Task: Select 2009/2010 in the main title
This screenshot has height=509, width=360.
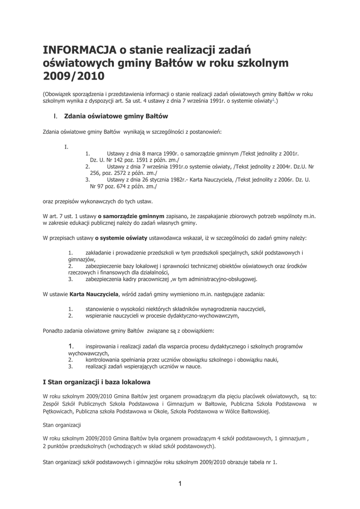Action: click(x=74, y=77)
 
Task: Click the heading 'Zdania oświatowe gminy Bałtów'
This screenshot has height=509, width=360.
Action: click(x=116, y=116)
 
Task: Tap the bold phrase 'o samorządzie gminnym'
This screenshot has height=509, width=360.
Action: click(x=131, y=217)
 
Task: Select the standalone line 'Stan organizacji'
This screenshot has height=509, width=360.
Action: click(x=62, y=425)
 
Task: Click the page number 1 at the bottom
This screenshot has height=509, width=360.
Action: click(x=180, y=484)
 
